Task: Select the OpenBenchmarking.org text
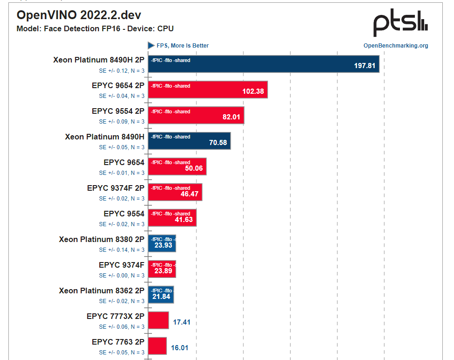pyautogui.click(x=396, y=46)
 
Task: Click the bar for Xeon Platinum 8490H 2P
pyautogui.click(x=263, y=64)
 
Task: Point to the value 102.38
pyautogui.click(x=253, y=91)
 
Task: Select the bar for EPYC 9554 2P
pyautogui.click(x=196, y=115)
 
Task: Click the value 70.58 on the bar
pyautogui.click(x=218, y=143)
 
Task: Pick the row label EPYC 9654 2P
pyautogui.click(x=118, y=85)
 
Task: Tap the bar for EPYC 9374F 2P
pyautogui.click(x=175, y=192)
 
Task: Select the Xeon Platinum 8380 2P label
pyautogui.click(x=101, y=239)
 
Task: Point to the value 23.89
pyautogui.click(x=163, y=271)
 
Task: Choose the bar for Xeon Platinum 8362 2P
pyautogui.click(x=161, y=295)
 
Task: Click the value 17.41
pyautogui.click(x=181, y=322)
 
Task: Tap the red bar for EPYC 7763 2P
pyautogui.click(x=158, y=346)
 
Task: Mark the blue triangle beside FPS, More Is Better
pyautogui.click(x=151, y=45)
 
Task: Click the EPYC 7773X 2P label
pyautogui.click(x=115, y=316)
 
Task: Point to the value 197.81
pyautogui.click(x=365, y=66)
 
